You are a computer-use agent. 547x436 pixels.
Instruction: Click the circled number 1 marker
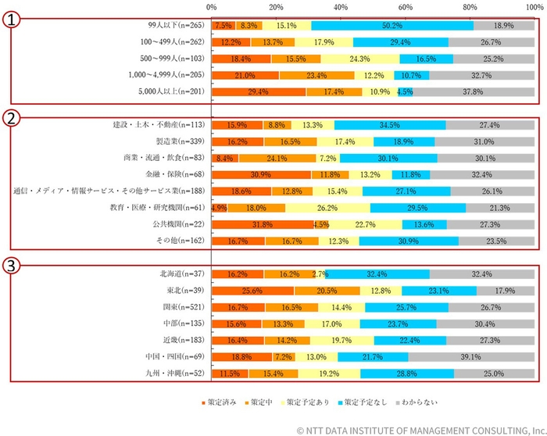tap(11, 21)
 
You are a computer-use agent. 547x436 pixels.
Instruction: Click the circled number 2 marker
tap(11, 119)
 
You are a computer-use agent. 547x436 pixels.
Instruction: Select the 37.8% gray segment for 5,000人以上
tap(474, 91)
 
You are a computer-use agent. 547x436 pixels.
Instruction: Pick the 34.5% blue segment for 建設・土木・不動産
tap(390, 125)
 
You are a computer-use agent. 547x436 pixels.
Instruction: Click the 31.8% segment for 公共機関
tap(263, 224)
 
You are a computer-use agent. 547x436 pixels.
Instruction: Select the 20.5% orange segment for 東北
tap(327, 291)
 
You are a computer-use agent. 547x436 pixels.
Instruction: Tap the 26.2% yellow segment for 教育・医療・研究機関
tap(327, 208)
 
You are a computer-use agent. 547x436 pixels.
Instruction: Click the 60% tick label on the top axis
tap(405, 6)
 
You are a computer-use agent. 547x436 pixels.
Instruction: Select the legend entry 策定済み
tap(219, 402)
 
